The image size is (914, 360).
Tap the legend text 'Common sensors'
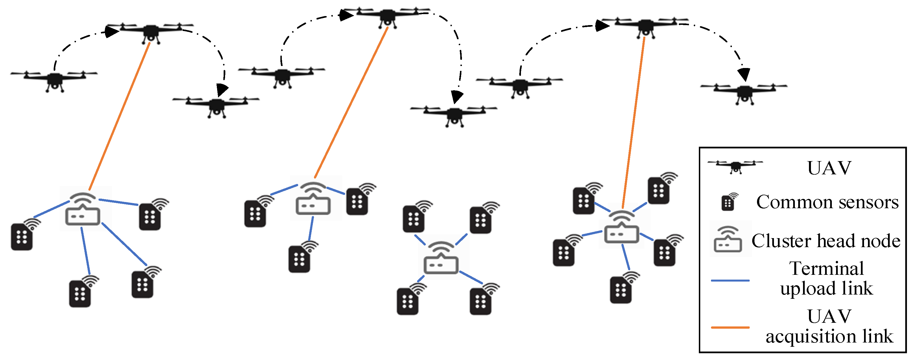(827, 202)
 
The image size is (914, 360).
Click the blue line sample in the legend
(730, 280)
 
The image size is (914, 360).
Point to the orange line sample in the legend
(730, 327)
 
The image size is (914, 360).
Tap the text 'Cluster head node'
(826, 241)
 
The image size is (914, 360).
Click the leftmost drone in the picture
(54, 80)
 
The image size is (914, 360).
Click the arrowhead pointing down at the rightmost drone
(744, 74)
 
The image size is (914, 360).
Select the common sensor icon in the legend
(728, 203)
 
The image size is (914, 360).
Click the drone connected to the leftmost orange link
(150, 32)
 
